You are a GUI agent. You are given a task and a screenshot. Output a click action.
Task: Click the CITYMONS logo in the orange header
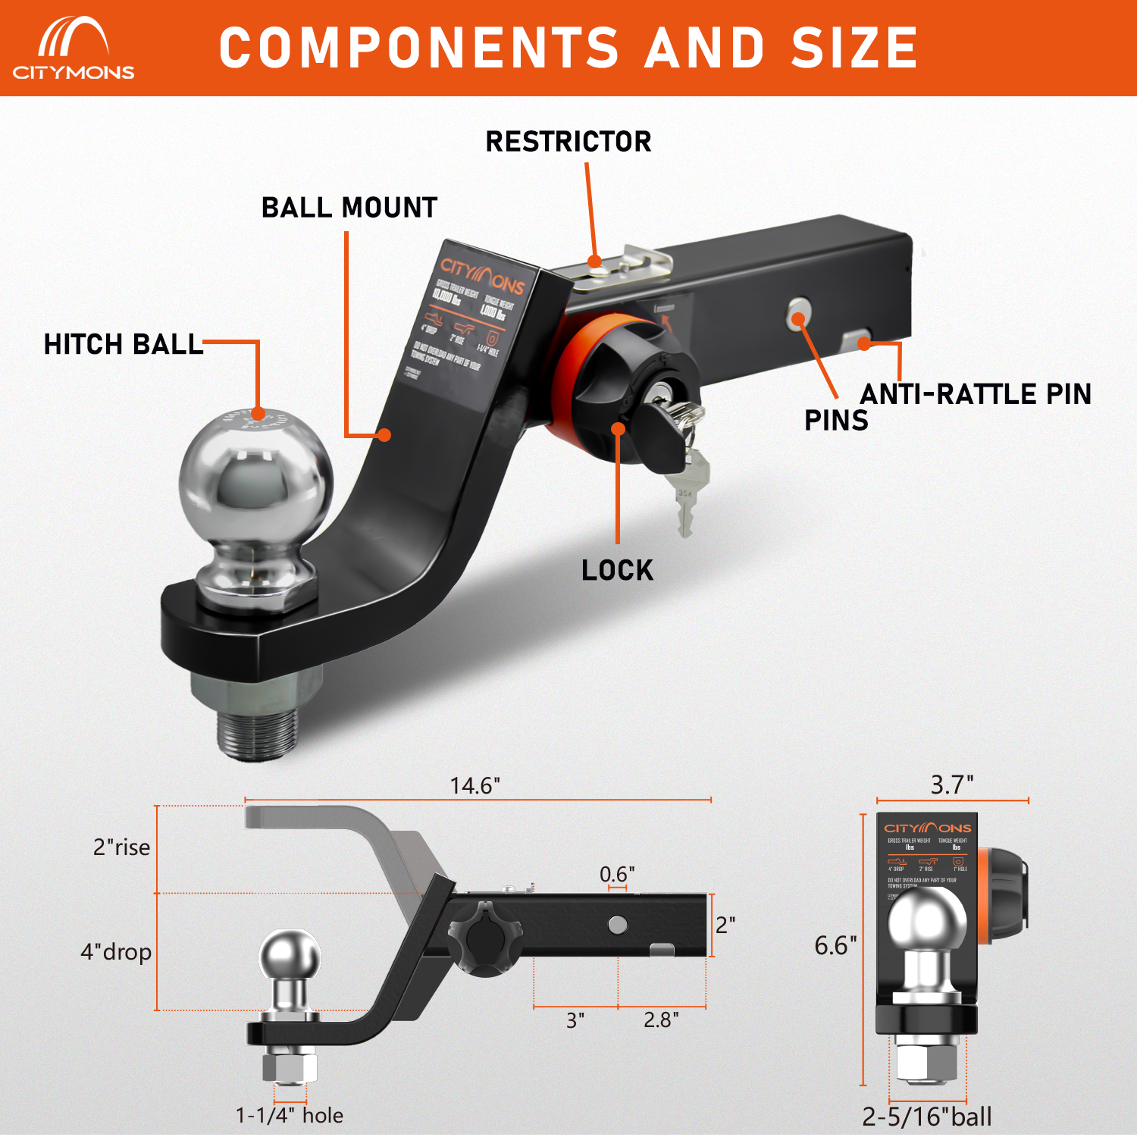73,49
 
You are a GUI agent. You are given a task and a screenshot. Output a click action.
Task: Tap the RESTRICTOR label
568,142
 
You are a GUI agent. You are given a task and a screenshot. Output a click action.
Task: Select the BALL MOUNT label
349,208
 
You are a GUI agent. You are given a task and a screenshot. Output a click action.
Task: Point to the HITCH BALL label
124,345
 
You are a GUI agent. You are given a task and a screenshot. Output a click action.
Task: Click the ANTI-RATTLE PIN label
976,394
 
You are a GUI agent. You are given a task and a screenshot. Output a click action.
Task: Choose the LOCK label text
617,570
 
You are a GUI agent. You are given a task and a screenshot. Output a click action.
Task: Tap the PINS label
836,421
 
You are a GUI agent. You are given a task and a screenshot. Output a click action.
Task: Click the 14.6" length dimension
475,785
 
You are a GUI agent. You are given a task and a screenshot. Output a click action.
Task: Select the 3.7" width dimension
952,785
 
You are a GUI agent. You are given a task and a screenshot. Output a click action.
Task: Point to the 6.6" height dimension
835,945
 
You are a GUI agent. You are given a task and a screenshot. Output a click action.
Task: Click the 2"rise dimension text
121,847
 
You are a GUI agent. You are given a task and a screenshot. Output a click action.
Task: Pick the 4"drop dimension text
116,951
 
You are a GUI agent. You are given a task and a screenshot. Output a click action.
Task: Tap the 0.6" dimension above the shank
617,874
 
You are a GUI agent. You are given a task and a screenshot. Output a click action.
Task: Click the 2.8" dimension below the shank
661,1020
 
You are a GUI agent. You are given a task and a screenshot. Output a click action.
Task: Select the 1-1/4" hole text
290,1115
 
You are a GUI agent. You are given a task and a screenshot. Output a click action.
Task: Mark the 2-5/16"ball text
927,1117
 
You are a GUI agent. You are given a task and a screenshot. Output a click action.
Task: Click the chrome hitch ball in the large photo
256,485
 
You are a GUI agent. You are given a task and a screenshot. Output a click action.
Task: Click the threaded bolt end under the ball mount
256,731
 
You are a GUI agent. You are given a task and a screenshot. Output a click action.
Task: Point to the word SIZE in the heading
854,49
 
